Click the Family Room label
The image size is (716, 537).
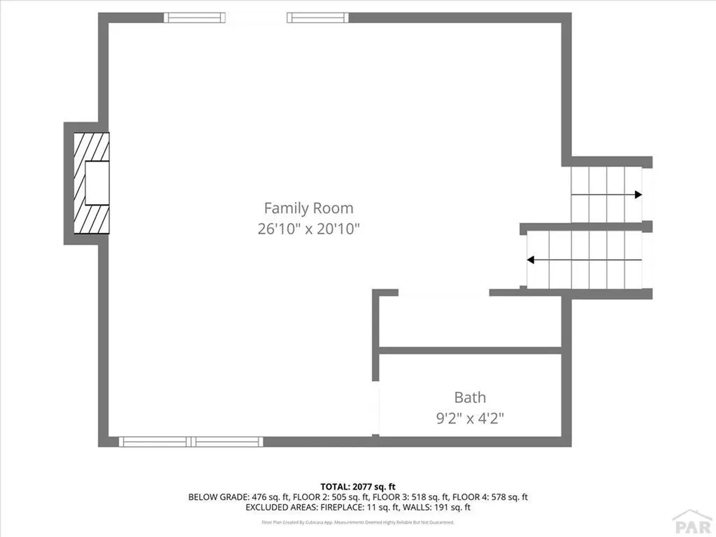click(308, 208)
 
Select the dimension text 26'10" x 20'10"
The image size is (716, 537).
click(308, 229)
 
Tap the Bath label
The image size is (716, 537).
click(470, 397)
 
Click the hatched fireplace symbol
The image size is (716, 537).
click(92, 183)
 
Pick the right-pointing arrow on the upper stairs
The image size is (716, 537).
click(637, 195)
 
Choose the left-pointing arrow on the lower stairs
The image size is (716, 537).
click(531, 260)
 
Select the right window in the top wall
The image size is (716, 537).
click(316, 17)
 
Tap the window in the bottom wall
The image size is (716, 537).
click(190, 441)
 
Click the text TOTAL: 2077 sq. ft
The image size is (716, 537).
click(358, 486)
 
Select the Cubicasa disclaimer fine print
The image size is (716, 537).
click(358, 522)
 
